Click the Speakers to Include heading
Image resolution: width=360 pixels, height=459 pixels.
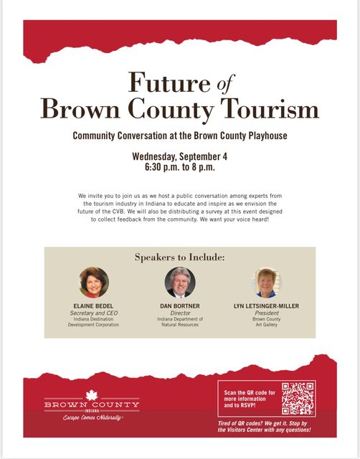179,257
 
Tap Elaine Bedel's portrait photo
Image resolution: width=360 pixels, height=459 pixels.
94,283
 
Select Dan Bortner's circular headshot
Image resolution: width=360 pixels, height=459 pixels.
179,283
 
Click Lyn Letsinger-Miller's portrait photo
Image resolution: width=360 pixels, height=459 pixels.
266,283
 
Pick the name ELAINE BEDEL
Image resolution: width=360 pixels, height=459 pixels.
94,306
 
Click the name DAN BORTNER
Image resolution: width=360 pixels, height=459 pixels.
179,306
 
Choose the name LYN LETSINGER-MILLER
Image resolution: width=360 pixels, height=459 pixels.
266,306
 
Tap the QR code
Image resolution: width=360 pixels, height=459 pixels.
298,399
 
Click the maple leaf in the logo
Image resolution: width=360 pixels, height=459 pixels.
91,395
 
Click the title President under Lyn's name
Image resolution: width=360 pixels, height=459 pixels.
266,313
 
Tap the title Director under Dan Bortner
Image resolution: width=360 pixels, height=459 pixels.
179,313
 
